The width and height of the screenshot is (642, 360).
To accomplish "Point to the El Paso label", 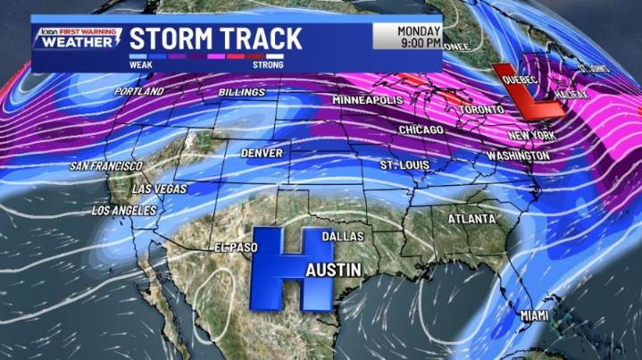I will point(235,247).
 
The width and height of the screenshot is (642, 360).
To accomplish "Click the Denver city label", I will point(261,154).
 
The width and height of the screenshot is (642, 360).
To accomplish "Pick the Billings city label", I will point(241,93).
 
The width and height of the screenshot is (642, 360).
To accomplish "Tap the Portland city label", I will point(138,92).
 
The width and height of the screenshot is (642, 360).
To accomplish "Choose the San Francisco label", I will point(105,166).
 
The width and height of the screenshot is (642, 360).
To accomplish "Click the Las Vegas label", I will point(159,189).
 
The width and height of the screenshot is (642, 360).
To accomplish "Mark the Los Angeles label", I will point(124,211).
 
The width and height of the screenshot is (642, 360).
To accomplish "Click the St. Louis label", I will point(404,166).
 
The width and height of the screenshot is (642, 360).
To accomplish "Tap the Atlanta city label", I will point(471,219).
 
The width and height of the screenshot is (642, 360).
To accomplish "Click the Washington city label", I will point(518,155).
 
